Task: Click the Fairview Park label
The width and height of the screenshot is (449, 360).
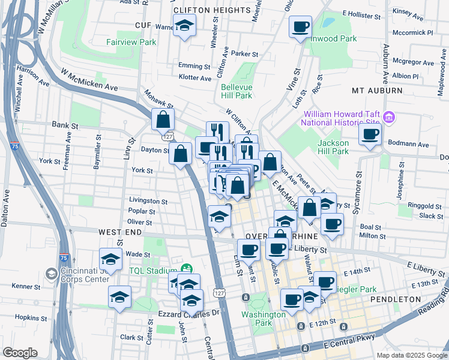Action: click(131, 42)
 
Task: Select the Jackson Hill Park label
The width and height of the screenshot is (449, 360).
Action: click(333, 147)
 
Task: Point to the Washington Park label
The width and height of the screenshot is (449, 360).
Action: click(264, 319)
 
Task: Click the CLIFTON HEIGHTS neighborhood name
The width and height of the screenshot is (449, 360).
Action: click(212, 10)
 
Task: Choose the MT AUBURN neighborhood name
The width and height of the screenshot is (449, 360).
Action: click(377, 90)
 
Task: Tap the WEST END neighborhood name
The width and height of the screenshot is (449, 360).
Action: click(120, 232)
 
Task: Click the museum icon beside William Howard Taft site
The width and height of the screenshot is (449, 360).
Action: click(388, 117)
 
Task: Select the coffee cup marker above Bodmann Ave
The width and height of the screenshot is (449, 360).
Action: click(370, 134)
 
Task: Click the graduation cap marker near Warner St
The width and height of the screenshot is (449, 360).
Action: click(184, 26)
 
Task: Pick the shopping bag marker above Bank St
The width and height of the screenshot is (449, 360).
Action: click(163, 119)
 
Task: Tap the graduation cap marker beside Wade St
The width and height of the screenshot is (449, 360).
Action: click(110, 259)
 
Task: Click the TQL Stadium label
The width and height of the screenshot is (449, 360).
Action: click(152, 271)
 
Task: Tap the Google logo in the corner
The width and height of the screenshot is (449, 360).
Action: click(21, 353)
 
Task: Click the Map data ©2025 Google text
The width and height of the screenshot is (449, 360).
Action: click(411, 355)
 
